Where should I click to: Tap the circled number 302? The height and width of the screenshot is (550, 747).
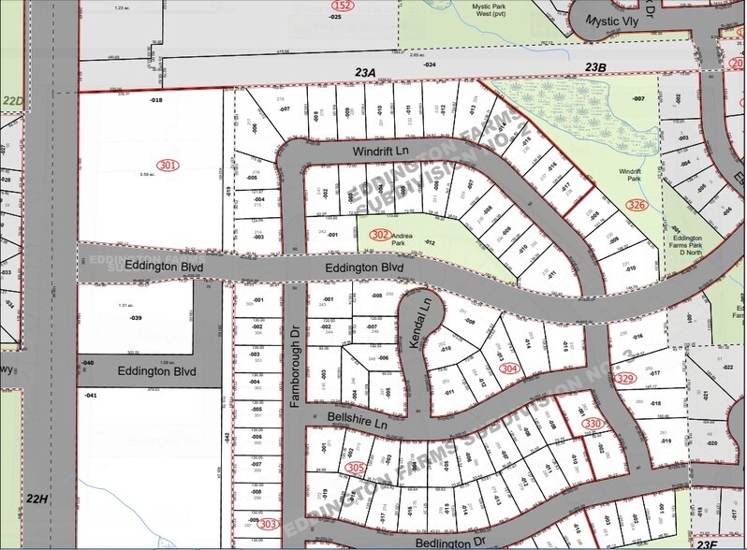(x=380, y=234)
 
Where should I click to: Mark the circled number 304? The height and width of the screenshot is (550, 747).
(x=509, y=369)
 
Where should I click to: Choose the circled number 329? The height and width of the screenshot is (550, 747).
(x=626, y=378)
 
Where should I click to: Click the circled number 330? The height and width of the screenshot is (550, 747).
(x=593, y=424)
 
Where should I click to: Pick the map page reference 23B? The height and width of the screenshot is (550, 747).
(x=596, y=67)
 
